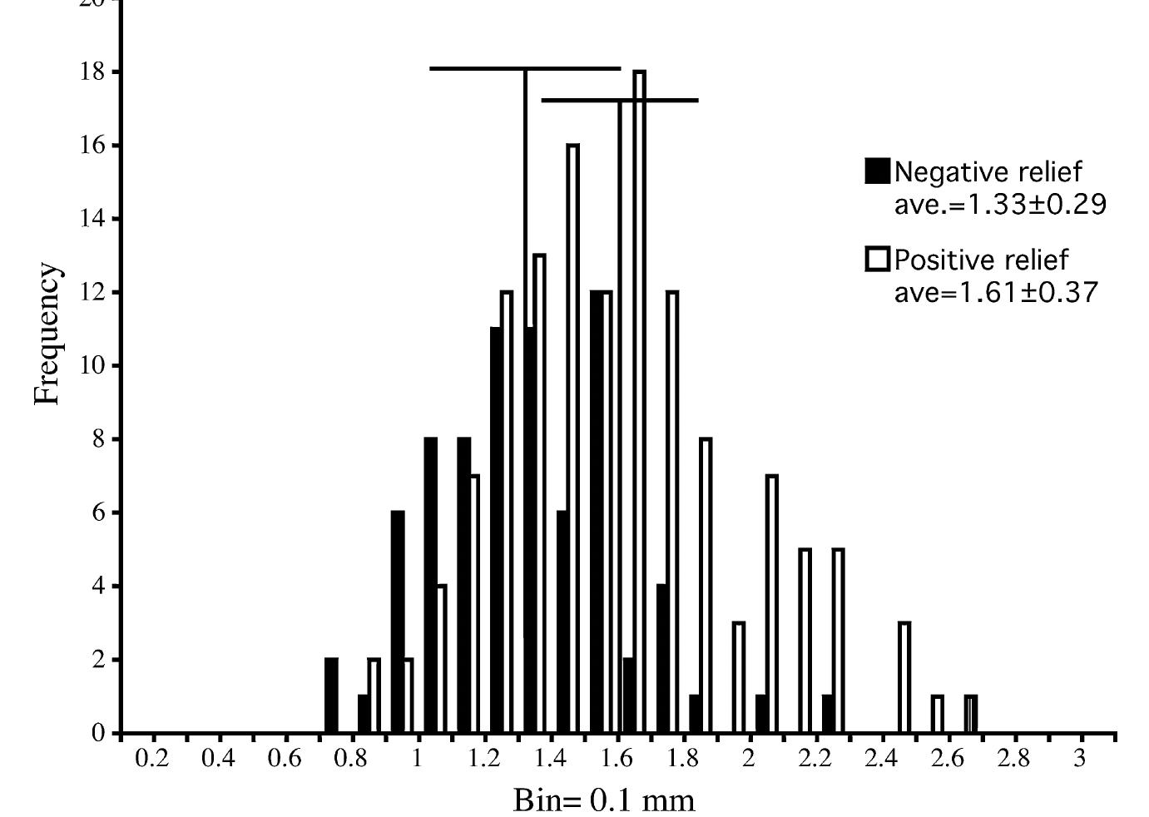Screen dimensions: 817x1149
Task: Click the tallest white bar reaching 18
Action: click(x=639, y=399)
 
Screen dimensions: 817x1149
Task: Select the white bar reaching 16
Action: click(x=572, y=437)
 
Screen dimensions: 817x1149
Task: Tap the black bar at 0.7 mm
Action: click(x=331, y=696)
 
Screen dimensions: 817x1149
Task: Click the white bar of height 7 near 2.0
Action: click(x=772, y=603)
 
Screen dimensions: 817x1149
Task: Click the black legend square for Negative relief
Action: click(x=877, y=171)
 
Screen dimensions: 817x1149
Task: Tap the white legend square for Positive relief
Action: click(x=877, y=259)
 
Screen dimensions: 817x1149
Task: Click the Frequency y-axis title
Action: click(x=47, y=334)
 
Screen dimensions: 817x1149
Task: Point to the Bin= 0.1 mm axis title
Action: click(x=603, y=800)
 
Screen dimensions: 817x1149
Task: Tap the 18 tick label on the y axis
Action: click(x=93, y=72)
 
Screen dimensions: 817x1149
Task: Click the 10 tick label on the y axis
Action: click(x=93, y=365)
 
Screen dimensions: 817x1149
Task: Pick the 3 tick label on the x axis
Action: click(x=1080, y=758)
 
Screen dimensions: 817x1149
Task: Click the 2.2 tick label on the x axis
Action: click(x=815, y=758)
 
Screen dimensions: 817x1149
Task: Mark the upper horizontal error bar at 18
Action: click(x=478, y=68)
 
